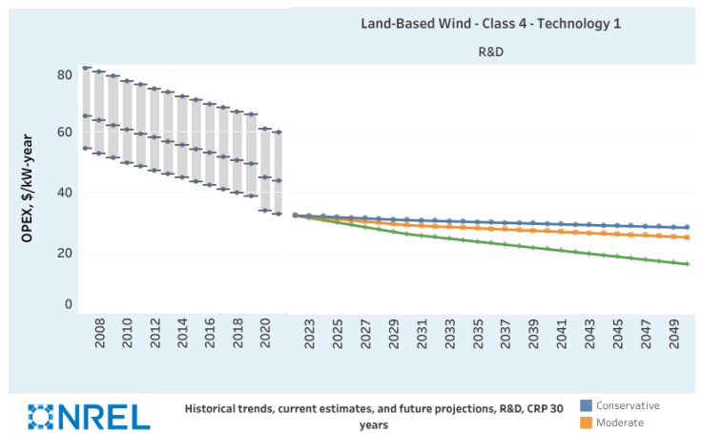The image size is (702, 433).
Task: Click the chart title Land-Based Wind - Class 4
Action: click(x=490, y=23)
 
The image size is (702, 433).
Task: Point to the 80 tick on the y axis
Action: click(x=65, y=74)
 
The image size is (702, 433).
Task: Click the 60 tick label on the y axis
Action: click(x=65, y=133)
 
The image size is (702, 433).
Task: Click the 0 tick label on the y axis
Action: click(x=68, y=304)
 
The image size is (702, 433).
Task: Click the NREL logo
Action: click(x=89, y=416)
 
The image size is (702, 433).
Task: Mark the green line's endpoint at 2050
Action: click(x=687, y=264)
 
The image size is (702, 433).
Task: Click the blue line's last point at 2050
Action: click(x=687, y=228)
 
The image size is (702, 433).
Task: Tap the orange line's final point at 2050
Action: click(x=687, y=237)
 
